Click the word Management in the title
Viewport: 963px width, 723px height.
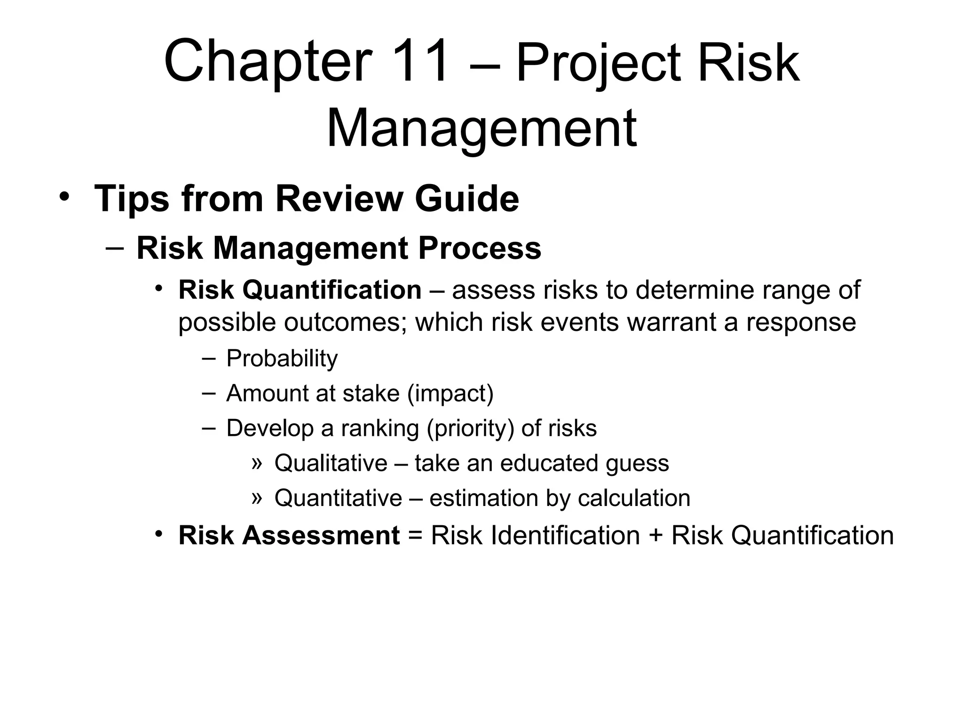pyautogui.click(x=481, y=128)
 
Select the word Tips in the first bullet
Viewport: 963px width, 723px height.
pyautogui.click(x=131, y=199)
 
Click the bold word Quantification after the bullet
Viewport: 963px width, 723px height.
pyautogui.click(x=332, y=290)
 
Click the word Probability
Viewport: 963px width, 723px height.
pyautogui.click(x=282, y=359)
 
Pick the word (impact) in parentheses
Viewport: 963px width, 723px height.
pyautogui.click(x=450, y=394)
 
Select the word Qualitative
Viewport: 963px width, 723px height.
pyautogui.click(x=331, y=463)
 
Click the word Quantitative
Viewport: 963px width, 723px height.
pyautogui.click(x=338, y=498)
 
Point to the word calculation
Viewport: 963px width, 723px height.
pyautogui.click(x=634, y=498)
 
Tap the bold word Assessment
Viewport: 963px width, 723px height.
pyautogui.click(x=321, y=536)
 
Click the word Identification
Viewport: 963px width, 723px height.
pyautogui.click(x=564, y=536)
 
